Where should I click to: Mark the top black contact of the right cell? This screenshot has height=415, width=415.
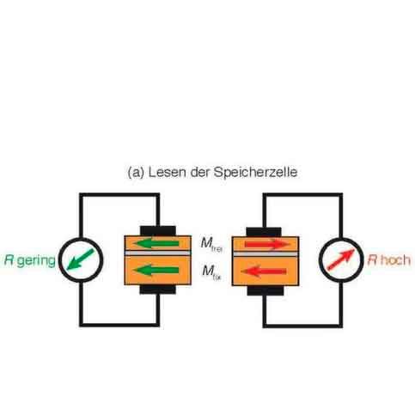tap(264, 229)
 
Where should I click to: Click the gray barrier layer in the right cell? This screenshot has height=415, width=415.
tap(264, 259)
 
